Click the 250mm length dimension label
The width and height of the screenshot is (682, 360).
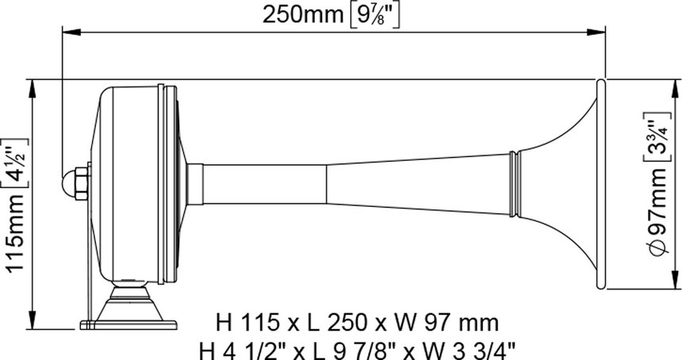coord(303,15)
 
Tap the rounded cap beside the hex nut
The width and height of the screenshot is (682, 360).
coord(69,183)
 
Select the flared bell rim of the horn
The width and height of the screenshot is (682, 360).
coord(600,183)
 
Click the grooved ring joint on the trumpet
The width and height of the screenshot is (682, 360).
coord(514,183)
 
